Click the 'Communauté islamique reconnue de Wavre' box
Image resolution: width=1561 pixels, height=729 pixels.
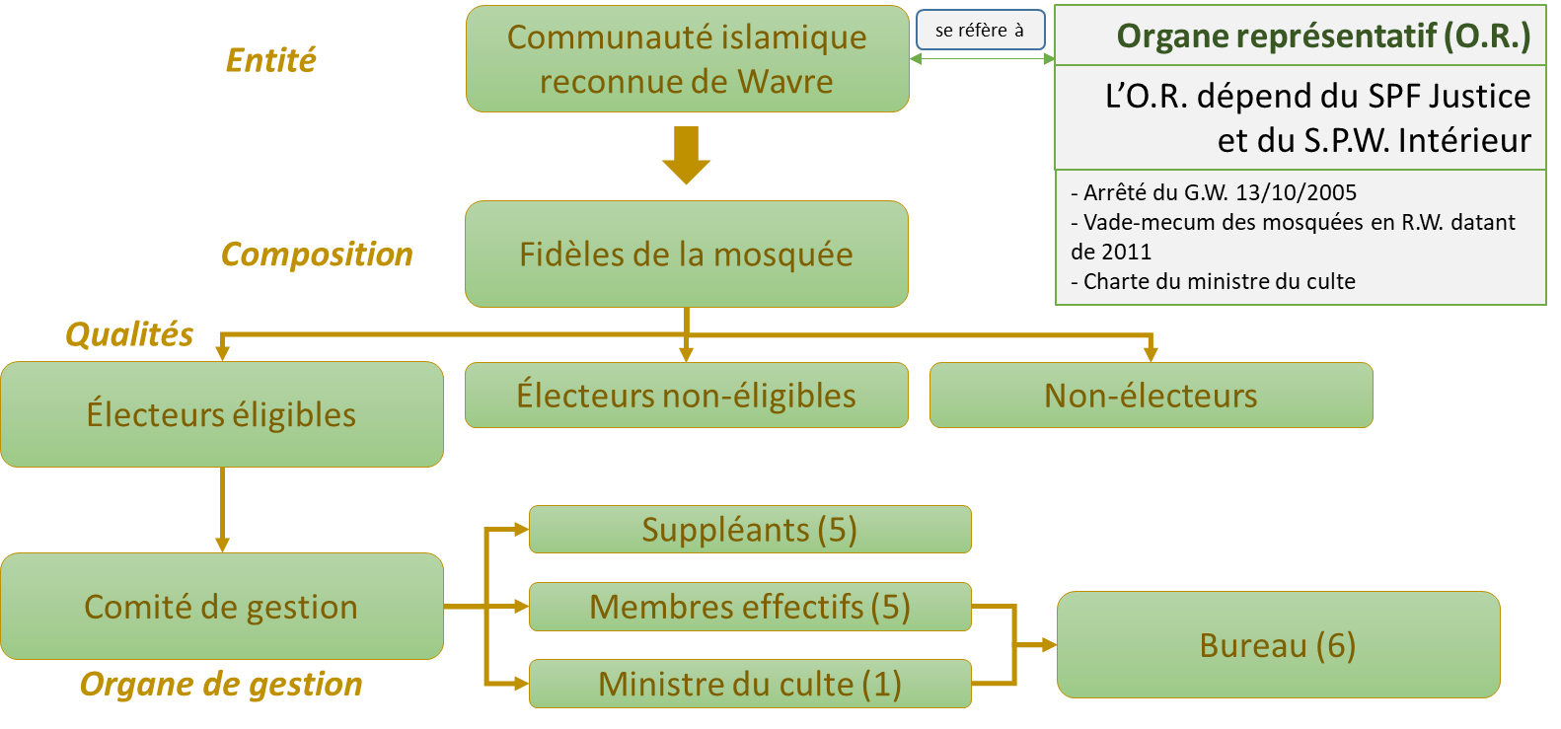[687, 58]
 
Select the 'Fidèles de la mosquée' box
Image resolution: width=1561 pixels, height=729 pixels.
[686, 254]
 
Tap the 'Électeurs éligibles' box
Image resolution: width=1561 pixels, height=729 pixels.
[221, 414]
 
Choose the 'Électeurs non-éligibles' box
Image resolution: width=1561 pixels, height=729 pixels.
[686, 395]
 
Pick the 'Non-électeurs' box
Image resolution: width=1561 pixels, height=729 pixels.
[1151, 395]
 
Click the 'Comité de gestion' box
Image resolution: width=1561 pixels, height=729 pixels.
[221, 606]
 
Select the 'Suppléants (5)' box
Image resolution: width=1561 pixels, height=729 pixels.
[750, 530]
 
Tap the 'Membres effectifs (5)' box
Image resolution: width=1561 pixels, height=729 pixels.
[750, 607]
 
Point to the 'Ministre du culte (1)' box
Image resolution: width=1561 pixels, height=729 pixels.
[750, 684]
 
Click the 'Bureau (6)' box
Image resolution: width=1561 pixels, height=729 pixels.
[1278, 644]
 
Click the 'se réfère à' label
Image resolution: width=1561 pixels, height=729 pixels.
[980, 31]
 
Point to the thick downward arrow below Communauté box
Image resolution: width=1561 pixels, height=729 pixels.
[686, 154]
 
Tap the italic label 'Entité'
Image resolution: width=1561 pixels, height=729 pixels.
[271, 60]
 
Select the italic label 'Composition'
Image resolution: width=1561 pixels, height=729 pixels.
[317, 255]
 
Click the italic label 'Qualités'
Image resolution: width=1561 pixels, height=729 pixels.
[129, 334]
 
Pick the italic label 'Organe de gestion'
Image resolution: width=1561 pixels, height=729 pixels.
[221, 684]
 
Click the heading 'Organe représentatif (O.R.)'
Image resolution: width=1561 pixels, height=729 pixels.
[1323, 36]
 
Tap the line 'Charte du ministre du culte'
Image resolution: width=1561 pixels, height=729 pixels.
[1219, 281]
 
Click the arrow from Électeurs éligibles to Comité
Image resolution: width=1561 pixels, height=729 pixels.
[222, 509]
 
